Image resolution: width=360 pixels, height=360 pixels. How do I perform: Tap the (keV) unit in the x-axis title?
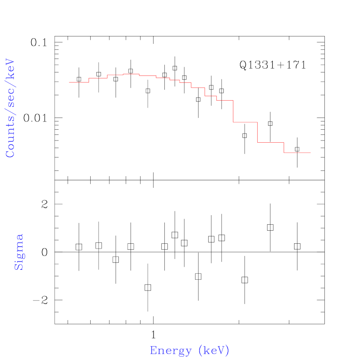click(x=213, y=350)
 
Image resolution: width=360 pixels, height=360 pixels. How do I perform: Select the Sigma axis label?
click(x=19, y=252)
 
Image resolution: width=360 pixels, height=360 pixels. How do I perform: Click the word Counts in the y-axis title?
click(x=10, y=140)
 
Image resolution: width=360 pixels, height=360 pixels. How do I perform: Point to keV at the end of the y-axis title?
click(x=10, y=69)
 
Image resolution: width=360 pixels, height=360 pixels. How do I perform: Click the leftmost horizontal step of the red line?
click(x=79, y=82)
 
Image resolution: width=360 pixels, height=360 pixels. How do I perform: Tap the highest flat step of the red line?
click(x=131, y=74)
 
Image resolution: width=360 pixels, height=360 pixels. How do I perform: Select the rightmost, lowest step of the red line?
click(x=297, y=153)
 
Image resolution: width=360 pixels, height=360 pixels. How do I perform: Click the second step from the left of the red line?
click(x=98, y=78)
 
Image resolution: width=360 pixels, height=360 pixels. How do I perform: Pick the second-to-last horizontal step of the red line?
click(x=271, y=142)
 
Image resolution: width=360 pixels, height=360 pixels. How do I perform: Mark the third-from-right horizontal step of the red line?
click(x=245, y=122)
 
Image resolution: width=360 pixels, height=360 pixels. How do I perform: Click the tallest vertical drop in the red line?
click(x=233, y=111)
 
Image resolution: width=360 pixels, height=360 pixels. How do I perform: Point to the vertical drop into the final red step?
click(x=284, y=147)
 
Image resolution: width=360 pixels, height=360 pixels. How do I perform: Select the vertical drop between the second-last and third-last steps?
click(x=258, y=132)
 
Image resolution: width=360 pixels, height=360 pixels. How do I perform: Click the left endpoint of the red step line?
click(x=69, y=82)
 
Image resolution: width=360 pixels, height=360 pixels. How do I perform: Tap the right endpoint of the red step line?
click(x=311, y=153)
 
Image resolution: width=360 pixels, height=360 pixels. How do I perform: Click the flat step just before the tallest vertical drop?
click(x=225, y=100)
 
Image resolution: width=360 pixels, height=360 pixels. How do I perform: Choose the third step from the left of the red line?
click(x=115, y=75)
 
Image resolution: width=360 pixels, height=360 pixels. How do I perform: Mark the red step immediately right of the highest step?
click(x=147, y=76)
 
